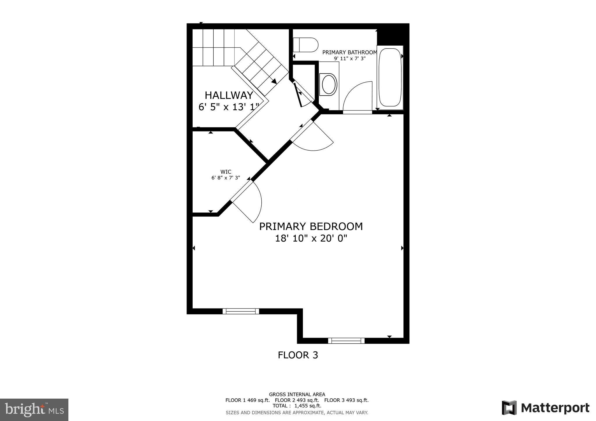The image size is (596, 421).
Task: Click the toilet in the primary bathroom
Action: tap(305, 45)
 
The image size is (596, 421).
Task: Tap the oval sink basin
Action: tap(329, 84)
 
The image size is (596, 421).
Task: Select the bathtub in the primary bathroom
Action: tap(390, 77)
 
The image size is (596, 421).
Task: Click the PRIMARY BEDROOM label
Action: tap(311, 226)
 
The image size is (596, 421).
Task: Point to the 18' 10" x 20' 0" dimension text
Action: tap(311, 239)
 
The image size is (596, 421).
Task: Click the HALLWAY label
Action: tap(229, 95)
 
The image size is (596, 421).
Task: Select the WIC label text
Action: tap(226, 172)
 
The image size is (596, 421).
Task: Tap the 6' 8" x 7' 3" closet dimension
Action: tap(226, 178)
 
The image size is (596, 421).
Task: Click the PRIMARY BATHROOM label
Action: tap(350, 52)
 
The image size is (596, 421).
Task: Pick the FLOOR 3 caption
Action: tap(298, 355)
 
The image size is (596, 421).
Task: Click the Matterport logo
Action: tap(545, 408)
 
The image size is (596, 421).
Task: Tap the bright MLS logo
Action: tap(34, 410)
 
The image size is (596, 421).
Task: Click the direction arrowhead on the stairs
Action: tap(274, 81)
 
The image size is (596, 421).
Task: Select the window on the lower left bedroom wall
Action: tap(241, 311)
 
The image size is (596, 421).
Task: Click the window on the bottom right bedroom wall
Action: tap(346, 340)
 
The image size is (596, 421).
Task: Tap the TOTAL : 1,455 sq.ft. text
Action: tap(297, 406)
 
